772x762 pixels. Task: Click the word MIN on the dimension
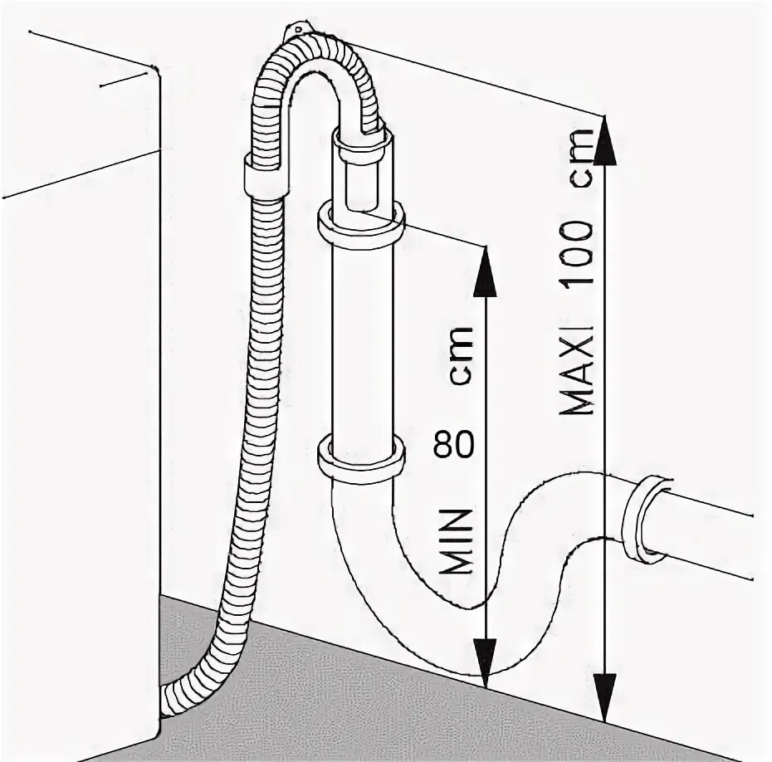click(x=456, y=542)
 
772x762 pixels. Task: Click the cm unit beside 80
click(x=457, y=354)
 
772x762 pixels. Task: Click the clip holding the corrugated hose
click(x=266, y=177)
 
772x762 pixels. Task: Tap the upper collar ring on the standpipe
click(x=361, y=226)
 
